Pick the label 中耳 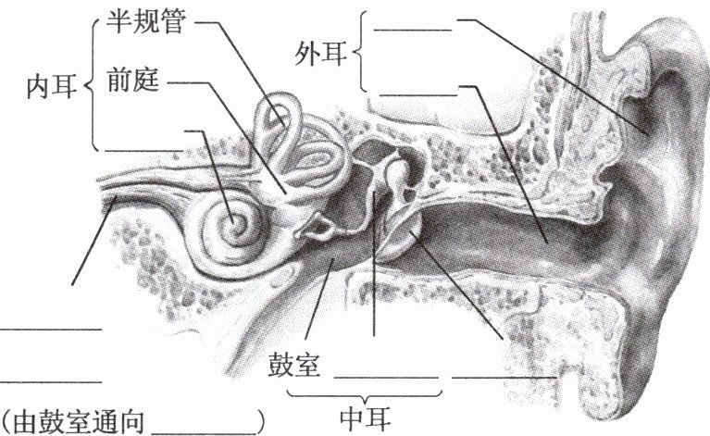pos(369,417)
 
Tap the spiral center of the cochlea pos(235,222)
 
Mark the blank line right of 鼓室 pos(384,378)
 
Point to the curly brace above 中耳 pos(369,396)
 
